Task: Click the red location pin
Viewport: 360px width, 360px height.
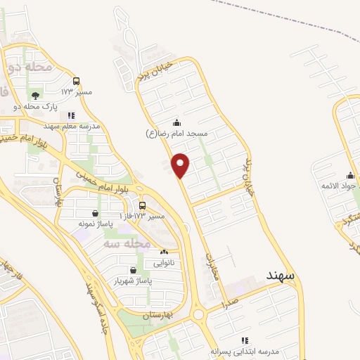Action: pos(181,165)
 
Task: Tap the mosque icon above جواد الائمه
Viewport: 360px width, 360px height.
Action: pos(350,175)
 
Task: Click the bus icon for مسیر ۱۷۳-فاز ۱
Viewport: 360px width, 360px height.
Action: pos(143,206)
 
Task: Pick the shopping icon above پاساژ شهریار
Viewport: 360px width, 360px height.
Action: pos(133,269)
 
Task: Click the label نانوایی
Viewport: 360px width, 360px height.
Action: pos(166,262)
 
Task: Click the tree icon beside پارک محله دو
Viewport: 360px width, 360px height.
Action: pos(35,95)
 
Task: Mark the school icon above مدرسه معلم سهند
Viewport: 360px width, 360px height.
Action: pos(71,115)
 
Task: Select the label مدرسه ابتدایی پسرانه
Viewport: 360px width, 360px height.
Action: pos(245,350)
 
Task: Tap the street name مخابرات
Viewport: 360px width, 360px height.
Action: pos(213,267)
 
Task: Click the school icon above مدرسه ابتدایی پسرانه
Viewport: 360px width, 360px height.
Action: pos(245,340)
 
